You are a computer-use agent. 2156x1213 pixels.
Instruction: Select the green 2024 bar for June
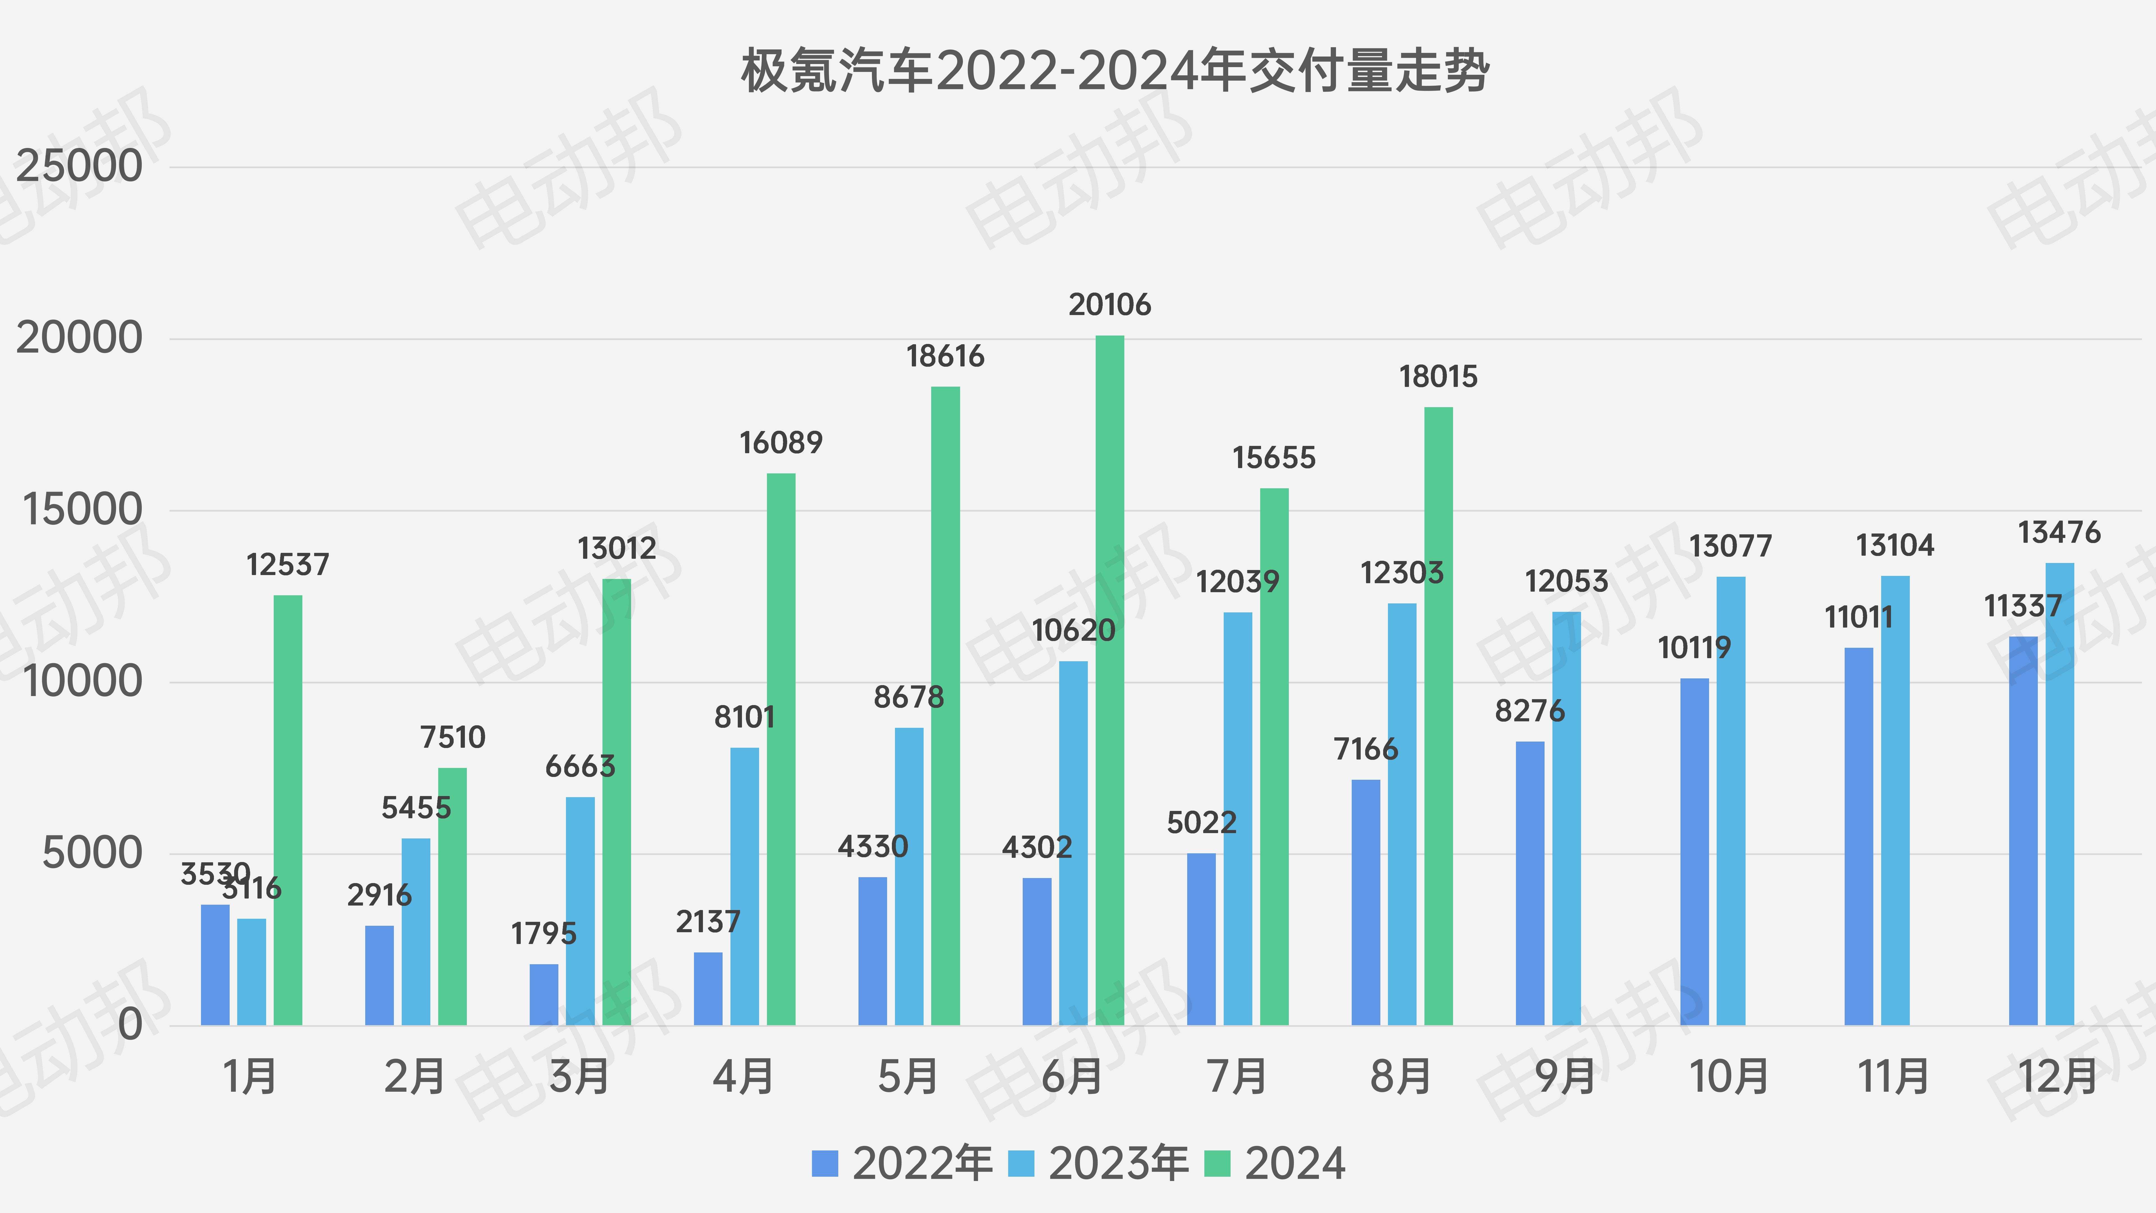point(1110,680)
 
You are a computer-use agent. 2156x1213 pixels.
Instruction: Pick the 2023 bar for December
point(2060,794)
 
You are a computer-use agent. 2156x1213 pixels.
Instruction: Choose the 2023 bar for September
point(1567,818)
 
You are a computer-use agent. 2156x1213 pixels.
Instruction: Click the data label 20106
point(1110,305)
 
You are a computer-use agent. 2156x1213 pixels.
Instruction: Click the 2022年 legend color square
point(825,1164)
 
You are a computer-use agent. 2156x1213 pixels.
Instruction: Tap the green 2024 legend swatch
point(1217,1164)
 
